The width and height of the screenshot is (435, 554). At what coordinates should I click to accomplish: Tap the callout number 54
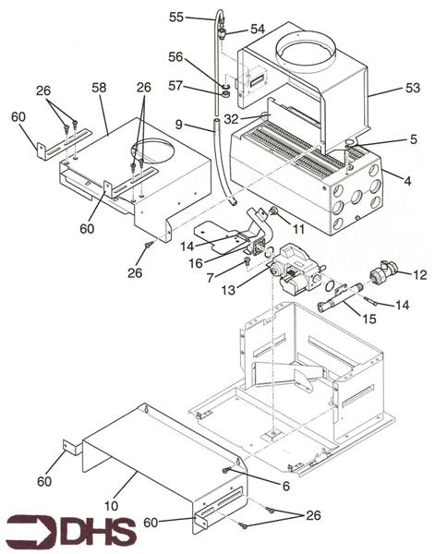coord(258,30)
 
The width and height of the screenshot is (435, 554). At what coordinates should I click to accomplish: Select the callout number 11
coord(298,226)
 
